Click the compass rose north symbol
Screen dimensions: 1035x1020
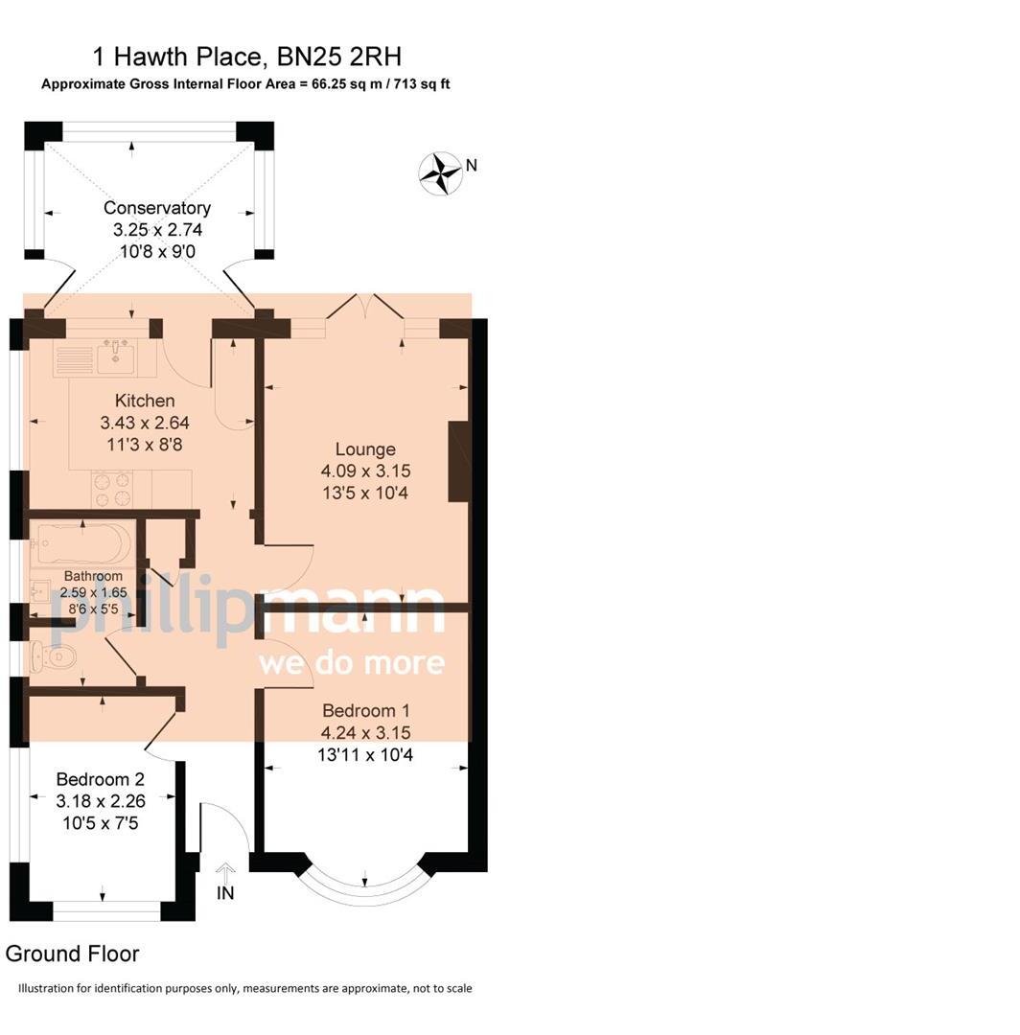[440, 173]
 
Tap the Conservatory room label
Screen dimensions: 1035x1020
[157, 208]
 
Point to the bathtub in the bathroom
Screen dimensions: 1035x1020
[81, 544]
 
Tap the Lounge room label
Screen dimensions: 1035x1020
[365, 448]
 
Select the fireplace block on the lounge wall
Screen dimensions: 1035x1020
[459, 461]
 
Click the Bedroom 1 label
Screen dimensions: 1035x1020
[366, 710]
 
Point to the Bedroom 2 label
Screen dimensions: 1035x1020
[100, 778]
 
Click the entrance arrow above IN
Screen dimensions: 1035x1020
[226, 872]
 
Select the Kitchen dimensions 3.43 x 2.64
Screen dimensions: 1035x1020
[145, 422]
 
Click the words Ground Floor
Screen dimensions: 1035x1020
[73, 954]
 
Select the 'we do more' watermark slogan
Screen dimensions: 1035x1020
[351, 662]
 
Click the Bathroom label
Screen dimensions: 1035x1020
[93, 576]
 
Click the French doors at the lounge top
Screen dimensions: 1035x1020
[364, 308]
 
